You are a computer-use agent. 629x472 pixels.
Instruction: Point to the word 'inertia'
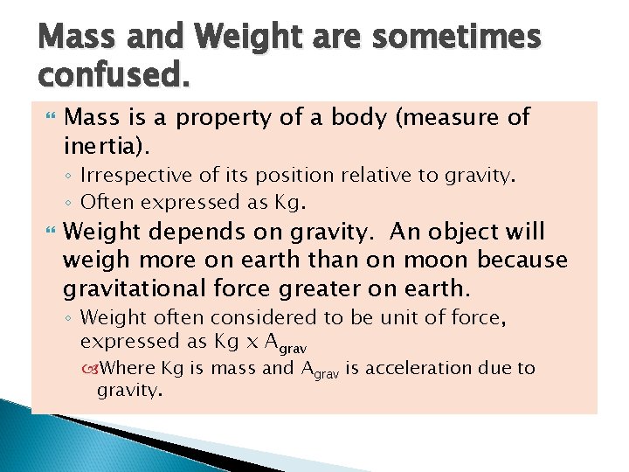pos(100,141)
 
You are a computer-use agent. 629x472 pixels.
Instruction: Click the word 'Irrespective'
pos(135,176)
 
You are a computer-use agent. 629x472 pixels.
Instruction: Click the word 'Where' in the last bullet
pos(131,368)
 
